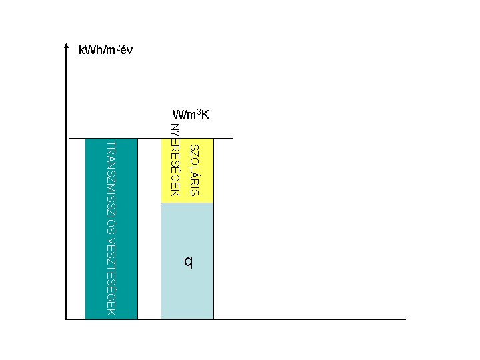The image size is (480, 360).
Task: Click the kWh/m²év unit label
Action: click(105, 50)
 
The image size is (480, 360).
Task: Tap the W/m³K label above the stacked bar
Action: click(191, 114)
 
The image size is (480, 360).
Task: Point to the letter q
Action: click(189, 263)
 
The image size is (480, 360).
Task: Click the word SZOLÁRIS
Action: click(194, 170)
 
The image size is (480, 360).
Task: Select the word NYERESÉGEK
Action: click(175, 160)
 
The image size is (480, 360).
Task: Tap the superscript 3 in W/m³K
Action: click(199, 111)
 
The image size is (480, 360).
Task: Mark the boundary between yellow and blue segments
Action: click(187, 203)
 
